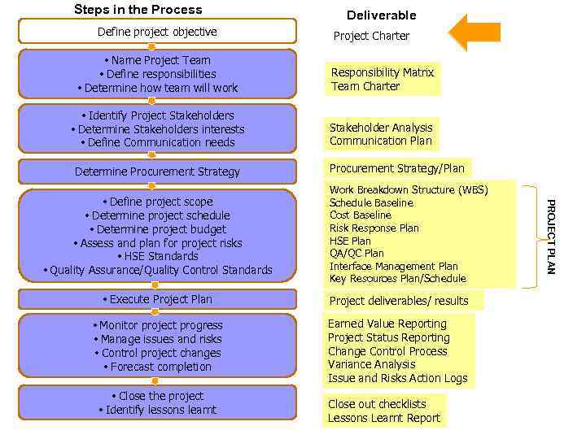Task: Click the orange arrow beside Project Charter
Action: coord(475,33)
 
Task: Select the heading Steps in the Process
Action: coord(138,10)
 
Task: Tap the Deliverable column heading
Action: coord(381,15)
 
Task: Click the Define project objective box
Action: coord(157,32)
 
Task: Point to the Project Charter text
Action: coord(371,36)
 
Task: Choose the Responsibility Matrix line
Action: coord(382,72)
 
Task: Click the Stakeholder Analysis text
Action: coord(381,128)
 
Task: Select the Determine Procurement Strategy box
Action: coord(157,172)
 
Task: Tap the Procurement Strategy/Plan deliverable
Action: coord(396,168)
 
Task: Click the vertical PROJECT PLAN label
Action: coord(550,237)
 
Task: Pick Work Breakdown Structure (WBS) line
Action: coord(409,190)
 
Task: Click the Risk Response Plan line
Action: coord(374,228)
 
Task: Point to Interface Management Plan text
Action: coord(393,266)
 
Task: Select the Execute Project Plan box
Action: coord(157,299)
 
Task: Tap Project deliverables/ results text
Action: coord(398,301)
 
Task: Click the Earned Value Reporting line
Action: coord(387,324)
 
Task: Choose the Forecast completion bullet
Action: coord(157,367)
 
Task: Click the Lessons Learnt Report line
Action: coord(383,418)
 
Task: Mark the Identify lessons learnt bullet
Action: coord(157,410)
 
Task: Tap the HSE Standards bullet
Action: coord(157,256)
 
